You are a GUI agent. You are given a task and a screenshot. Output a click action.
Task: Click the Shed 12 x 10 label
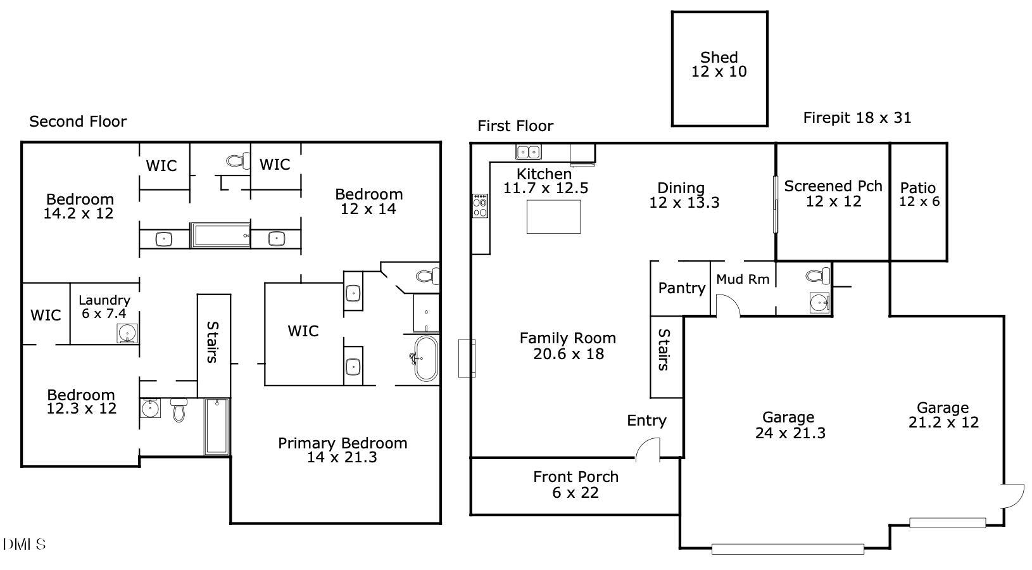(719, 65)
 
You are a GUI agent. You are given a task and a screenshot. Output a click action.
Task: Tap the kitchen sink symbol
(528, 152)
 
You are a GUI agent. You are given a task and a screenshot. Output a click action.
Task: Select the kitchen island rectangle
(553, 217)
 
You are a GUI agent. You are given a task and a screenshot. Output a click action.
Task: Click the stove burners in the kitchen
(480, 206)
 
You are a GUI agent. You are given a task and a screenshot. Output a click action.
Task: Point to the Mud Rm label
(743, 279)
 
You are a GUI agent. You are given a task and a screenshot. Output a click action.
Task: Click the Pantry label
(681, 288)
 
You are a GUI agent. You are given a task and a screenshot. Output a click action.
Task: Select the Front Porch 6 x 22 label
(576, 484)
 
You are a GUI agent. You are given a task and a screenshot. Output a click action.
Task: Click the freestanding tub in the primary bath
(425, 358)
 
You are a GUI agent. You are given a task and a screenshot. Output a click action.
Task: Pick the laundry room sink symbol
(127, 333)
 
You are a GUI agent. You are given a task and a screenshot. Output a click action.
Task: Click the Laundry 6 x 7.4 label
(104, 307)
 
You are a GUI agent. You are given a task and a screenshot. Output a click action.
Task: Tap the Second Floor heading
(78, 122)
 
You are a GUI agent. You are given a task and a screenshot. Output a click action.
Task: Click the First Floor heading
(515, 126)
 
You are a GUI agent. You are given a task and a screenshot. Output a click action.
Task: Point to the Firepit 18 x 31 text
(857, 118)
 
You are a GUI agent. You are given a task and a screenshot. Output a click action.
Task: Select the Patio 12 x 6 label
(919, 194)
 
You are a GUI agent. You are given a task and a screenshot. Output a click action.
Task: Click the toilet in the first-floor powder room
(819, 275)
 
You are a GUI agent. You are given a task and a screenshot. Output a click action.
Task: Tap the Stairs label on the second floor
(213, 342)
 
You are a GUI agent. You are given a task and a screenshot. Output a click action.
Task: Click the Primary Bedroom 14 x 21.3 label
(343, 450)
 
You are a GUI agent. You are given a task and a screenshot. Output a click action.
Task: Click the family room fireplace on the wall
(467, 358)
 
